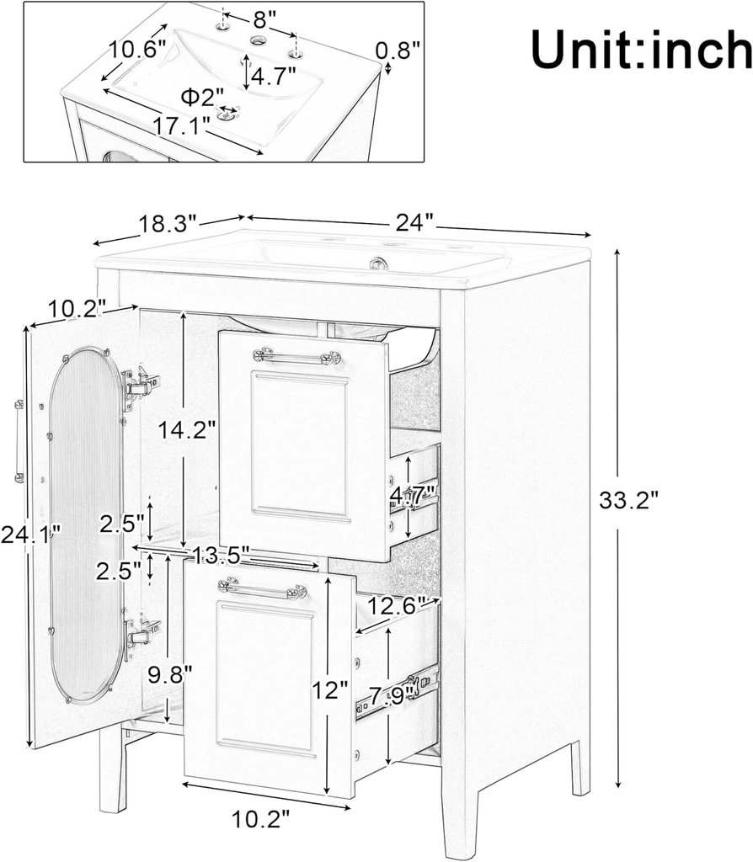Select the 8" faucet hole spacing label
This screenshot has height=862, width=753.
260,18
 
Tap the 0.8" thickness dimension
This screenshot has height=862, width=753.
398,51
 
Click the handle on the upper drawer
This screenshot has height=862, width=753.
296,358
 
